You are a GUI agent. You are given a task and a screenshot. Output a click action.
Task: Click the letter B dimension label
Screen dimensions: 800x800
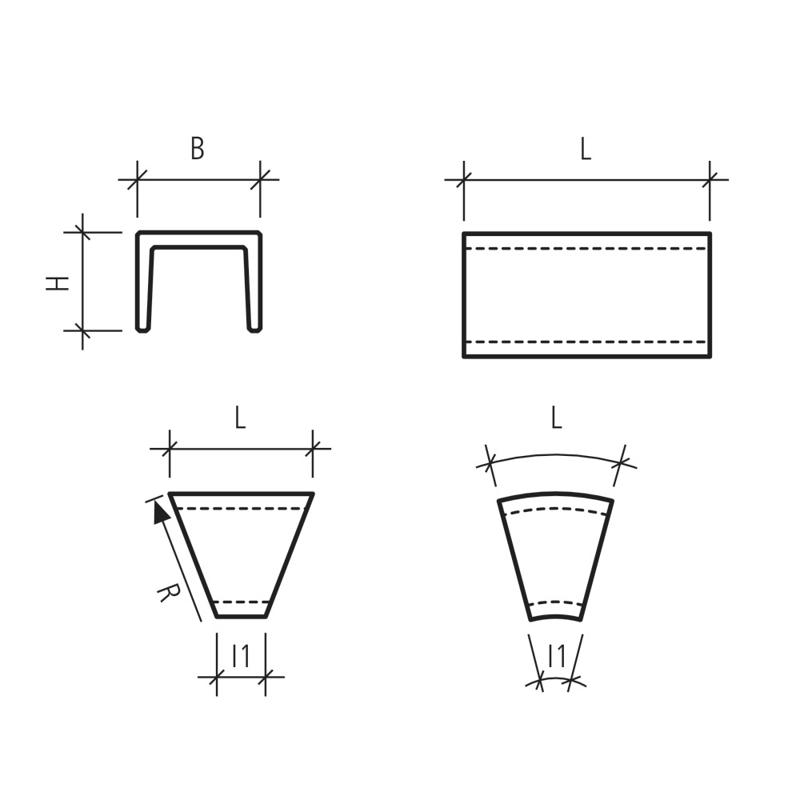198,148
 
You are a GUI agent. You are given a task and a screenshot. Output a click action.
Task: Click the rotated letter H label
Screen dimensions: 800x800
57,284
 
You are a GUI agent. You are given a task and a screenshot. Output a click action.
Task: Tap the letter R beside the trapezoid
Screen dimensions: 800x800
169,593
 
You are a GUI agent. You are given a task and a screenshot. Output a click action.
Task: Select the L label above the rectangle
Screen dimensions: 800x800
586,149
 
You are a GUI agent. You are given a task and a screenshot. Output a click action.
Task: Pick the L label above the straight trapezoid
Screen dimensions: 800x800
240,417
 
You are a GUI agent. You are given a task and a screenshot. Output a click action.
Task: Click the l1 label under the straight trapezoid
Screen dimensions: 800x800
241,656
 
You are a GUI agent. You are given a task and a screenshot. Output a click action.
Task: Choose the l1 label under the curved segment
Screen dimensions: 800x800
557,656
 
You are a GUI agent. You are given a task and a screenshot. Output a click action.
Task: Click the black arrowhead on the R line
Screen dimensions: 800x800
161,512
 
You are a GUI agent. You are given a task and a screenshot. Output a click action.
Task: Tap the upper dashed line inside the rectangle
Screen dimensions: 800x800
586,249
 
